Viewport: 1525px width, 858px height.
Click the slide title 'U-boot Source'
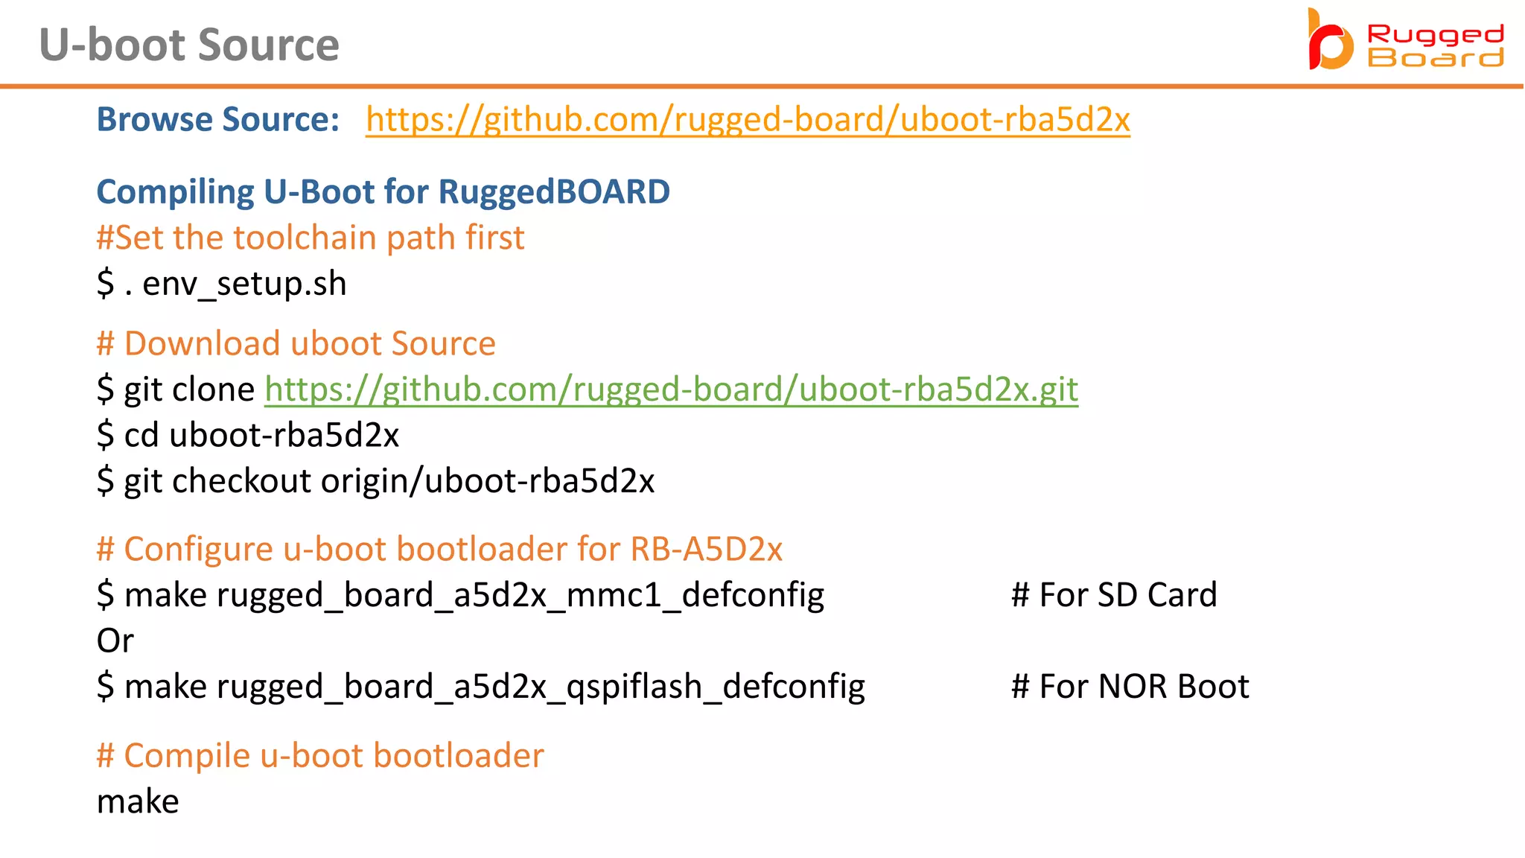(x=189, y=45)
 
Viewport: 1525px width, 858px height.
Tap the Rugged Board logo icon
(x=1330, y=42)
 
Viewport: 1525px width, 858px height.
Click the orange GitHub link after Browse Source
(x=748, y=119)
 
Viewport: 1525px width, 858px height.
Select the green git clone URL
(x=671, y=390)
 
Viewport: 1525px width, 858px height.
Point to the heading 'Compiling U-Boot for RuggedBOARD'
(x=383, y=192)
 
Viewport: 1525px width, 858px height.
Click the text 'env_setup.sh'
(x=244, y=285)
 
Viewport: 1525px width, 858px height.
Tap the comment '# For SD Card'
(x=1114, y=595)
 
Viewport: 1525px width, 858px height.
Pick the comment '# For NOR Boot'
(x=1130, y=687)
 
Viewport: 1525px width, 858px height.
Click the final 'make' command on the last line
(x=138, y=802)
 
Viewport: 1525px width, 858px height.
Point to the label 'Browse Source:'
(x=218, y=119)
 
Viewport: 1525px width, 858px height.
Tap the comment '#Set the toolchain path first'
(x=311, y=238)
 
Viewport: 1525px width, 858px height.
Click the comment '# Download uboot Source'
(x=296, y=344)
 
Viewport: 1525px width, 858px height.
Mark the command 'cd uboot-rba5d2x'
(x=261, y=436)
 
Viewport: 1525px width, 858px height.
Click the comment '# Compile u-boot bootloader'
(x=320, y=756)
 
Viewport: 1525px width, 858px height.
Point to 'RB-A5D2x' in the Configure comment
(x=706, y=550)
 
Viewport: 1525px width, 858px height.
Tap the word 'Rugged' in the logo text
(x=1435, y=35)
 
